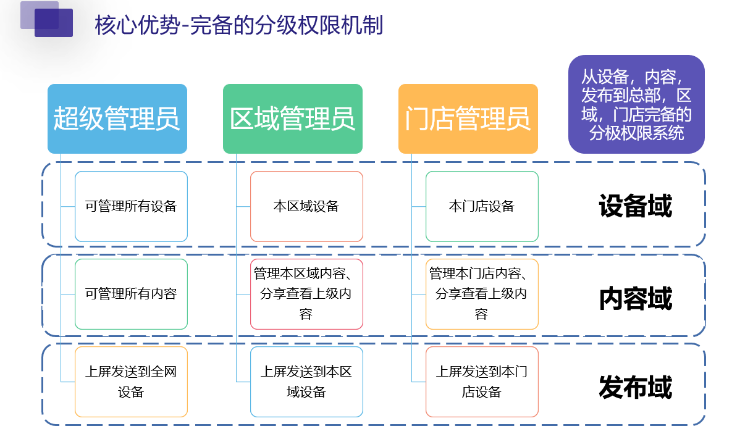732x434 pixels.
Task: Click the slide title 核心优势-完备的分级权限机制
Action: [239, 25]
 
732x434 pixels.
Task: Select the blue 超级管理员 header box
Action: [117, 119]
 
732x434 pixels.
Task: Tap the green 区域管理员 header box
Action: [292, 119]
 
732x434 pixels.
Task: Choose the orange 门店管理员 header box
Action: [468, 119]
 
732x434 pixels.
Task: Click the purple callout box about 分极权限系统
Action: [636, 104]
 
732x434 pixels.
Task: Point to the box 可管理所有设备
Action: [131, 206]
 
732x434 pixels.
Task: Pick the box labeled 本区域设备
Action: [306, 206]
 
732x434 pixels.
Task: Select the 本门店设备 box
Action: [482, 206]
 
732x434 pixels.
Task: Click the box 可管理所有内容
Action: [131, 294]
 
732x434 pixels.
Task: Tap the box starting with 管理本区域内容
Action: [306, 294]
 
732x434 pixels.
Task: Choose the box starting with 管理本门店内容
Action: [482, 294]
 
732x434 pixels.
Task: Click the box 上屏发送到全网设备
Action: [131, 382]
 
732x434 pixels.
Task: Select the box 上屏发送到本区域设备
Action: [306, 382]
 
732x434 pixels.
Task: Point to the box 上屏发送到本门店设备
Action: [482, 382]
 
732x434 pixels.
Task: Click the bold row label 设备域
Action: [635, 206]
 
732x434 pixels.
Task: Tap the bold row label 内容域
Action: [635, 299]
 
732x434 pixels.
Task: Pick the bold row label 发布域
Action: [635, 388]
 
